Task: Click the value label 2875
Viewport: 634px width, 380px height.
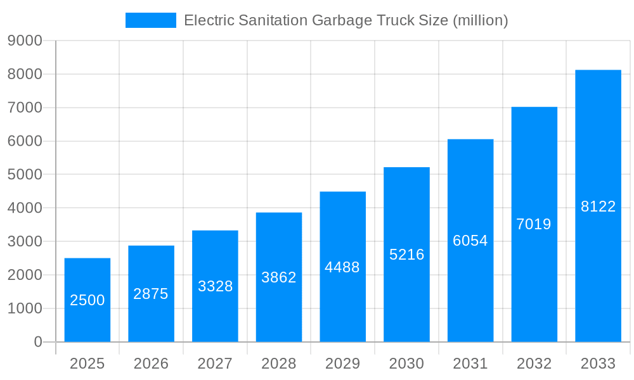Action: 151,294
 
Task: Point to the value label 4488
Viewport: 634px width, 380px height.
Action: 342,267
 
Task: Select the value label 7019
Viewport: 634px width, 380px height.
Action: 534,224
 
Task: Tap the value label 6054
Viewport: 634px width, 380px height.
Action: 470,241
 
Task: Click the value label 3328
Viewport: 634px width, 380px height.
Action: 215,286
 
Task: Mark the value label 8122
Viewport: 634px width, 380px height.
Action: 598,206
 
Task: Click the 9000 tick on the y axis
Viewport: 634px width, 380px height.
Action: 25,41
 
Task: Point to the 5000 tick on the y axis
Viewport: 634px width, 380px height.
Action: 25,175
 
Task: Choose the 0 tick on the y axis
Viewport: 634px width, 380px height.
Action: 37,342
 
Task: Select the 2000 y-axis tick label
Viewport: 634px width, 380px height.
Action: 25,275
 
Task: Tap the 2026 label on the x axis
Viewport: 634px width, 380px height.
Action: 151,364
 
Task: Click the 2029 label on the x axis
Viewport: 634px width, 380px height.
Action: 342,364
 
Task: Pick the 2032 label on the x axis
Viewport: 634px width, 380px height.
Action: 534,364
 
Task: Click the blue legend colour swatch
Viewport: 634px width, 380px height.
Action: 151,20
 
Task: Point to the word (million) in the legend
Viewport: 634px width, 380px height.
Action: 481,20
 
